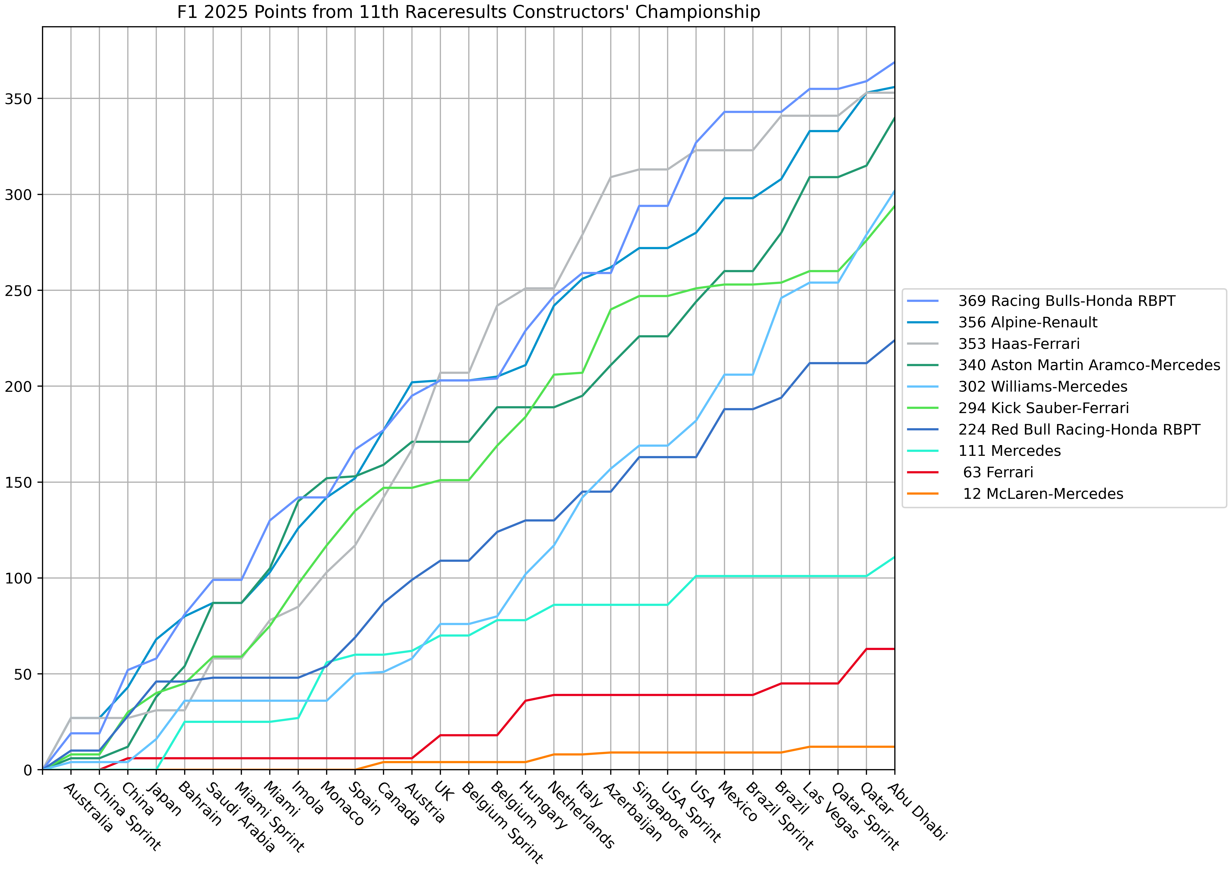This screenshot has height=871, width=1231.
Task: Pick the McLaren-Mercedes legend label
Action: (x=1043, y=494)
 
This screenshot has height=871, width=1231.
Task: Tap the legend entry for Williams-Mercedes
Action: (x=1043, y=387)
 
